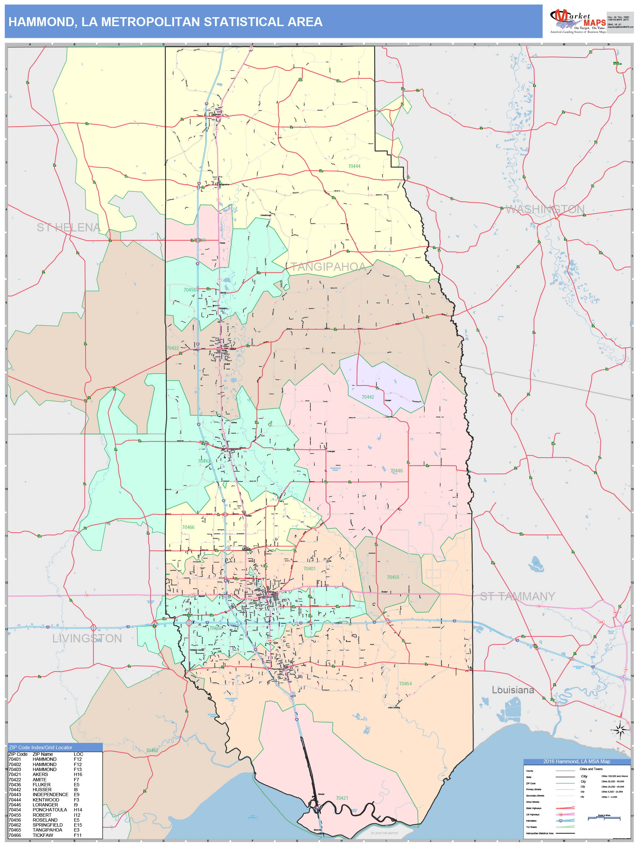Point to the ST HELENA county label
coord(68,227)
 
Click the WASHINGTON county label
coord(545,209)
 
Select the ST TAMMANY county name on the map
coord(517,596)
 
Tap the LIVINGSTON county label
coord(87,638)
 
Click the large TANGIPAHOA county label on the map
coord(328,266)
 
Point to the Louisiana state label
coord(513,690)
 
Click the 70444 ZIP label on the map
coord(354,166)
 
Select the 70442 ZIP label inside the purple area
coord(368,397)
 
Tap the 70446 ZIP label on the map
coord(396,471)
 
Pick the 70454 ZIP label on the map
coord(406,684)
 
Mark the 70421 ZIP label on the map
coord(342,798)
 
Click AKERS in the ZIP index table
coord(40,774)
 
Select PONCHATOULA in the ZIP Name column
coord(50,810)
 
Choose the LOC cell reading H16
coord(78,774)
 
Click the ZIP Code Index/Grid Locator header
coord(41,747)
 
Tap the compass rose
coord(620,730)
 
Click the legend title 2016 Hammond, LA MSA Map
coord(576,761)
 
